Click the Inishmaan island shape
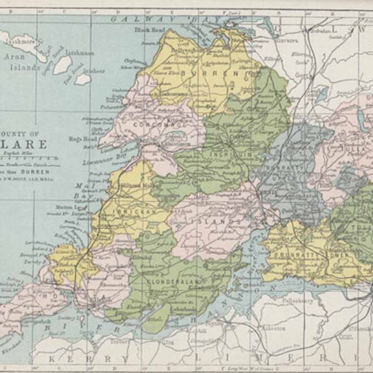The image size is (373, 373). tap(61, 63)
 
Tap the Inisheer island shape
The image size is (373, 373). tap(83, 79)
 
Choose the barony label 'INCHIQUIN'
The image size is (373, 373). tap(229, 153)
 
